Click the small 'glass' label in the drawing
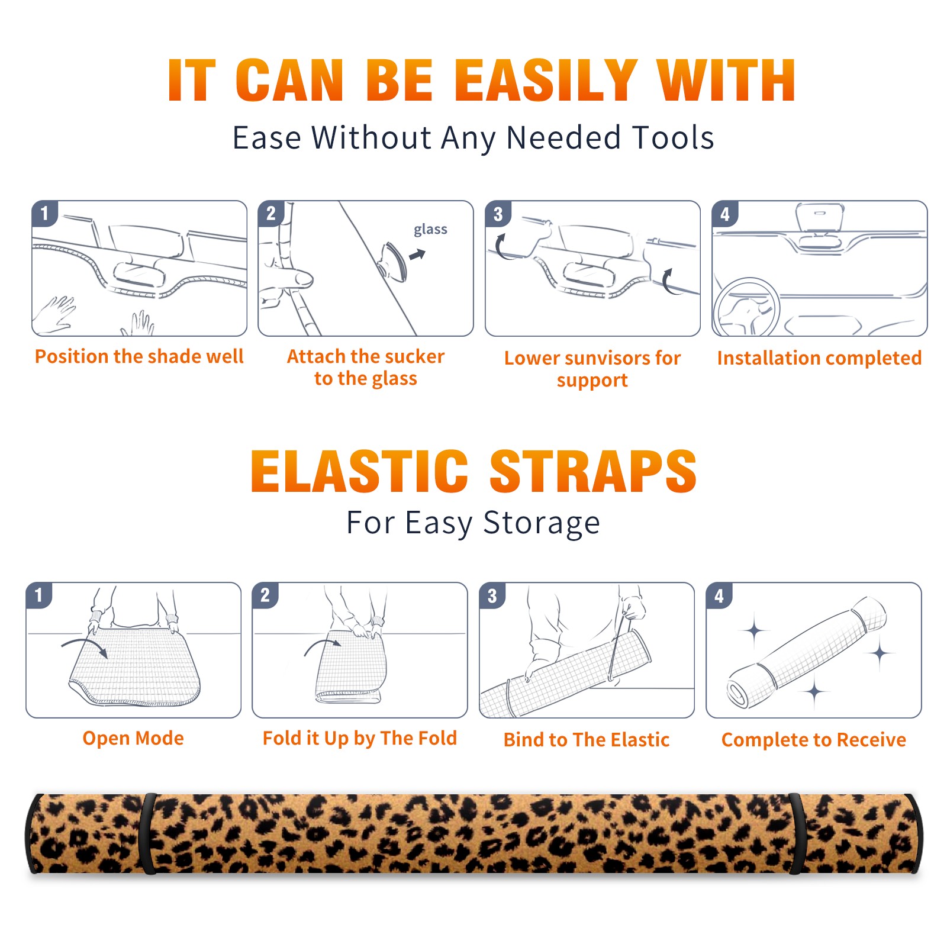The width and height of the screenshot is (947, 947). pos(430,230)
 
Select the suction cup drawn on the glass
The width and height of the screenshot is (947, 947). pos(394,262)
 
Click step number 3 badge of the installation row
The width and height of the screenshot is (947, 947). pos(497,213)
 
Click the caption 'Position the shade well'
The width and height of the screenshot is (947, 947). pos(139,356)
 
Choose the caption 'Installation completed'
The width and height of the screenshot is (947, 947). pos(819,357)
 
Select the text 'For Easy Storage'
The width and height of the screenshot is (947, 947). pos(473,523)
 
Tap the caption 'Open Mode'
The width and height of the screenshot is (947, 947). pos(133,738)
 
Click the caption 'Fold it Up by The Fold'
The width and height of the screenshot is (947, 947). pos(360,738)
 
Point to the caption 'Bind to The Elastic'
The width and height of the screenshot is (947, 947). pos(587,740)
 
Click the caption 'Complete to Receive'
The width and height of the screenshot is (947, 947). pos(814,740)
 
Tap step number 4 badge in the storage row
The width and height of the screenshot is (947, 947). pos(719,595)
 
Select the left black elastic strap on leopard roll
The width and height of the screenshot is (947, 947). pos(148,833)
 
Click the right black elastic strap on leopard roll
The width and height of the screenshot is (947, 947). pos(795,833)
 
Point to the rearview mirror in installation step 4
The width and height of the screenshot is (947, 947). pos(820,217)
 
